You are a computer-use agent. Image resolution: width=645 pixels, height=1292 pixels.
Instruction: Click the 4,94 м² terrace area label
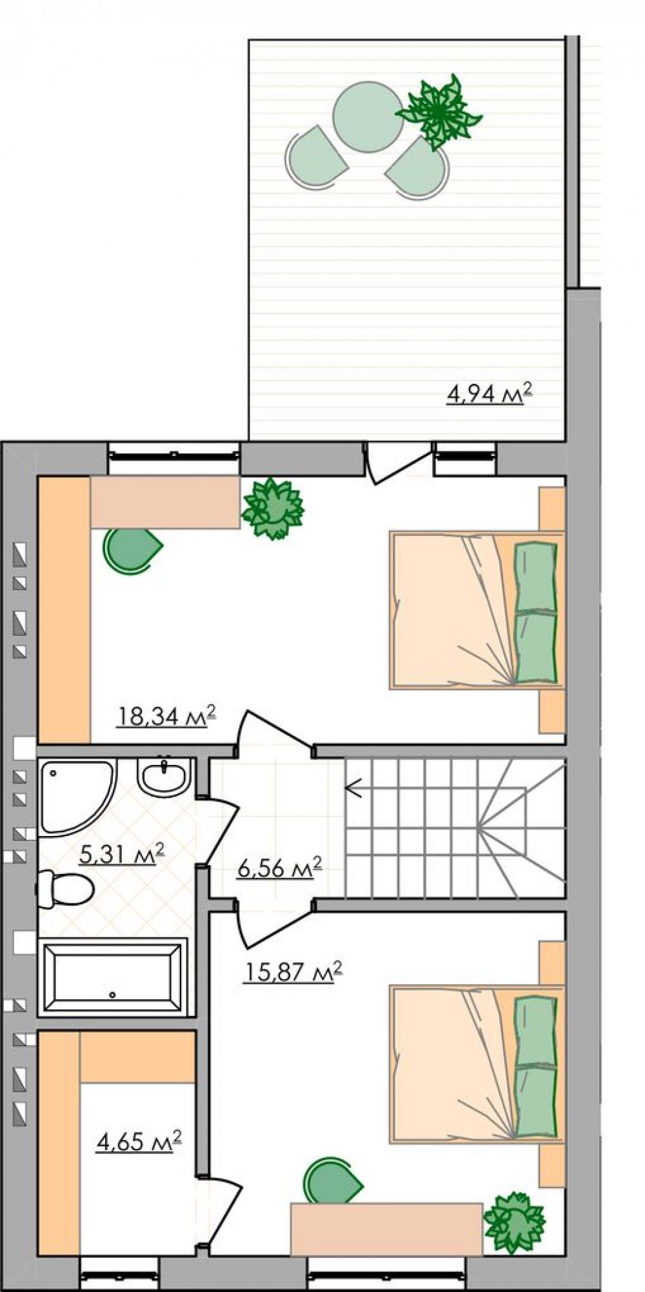click(x=490, y=393)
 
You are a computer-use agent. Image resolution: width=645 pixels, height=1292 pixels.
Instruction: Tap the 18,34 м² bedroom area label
click(x=166, y=716)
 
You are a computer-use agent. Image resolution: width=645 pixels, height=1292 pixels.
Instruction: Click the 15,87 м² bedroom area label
click(x=292, y=971)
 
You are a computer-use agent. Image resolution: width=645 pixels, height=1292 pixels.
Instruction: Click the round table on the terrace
click(x=368, y=117)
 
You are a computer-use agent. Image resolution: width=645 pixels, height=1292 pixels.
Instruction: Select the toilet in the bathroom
click(x=64, y=889)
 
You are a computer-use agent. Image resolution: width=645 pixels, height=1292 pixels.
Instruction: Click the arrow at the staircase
click(x=353, y=788)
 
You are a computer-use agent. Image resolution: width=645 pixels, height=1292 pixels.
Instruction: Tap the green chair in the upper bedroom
click(x=132, y=549)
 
